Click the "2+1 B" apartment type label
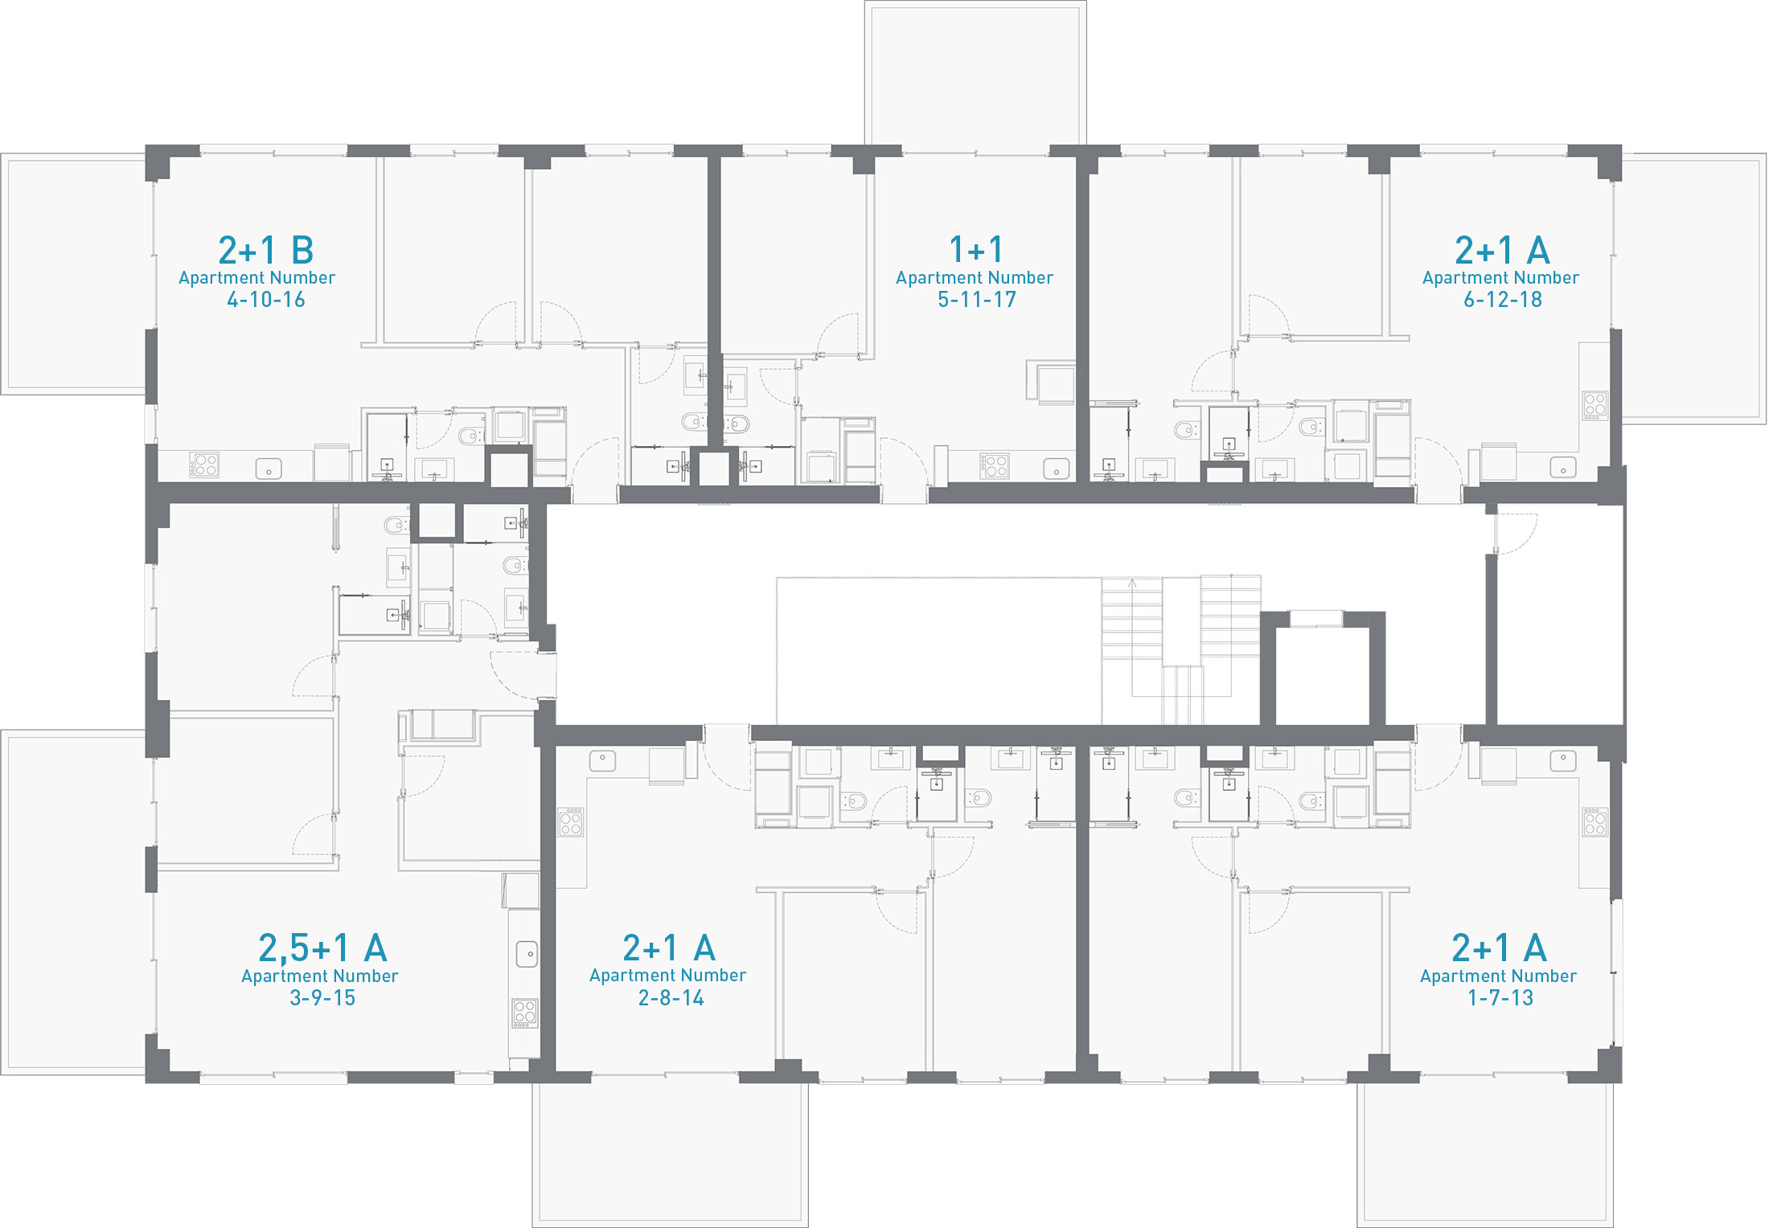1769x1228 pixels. (265, 251)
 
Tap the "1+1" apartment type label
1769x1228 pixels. (976, 250)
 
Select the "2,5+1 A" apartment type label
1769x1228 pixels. (322, 948)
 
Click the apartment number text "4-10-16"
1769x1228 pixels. (266, 300)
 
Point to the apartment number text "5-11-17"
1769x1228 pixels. (977, 300)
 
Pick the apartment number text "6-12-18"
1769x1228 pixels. (1503, 300)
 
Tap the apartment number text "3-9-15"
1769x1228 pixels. (322, 997)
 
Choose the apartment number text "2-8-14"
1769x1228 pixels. (671, 997)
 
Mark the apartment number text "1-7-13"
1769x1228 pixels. (1500, 997)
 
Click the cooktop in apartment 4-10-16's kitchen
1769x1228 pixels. (205, 465)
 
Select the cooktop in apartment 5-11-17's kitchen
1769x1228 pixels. (995, 466)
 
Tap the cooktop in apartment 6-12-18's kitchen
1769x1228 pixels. (1595, 406)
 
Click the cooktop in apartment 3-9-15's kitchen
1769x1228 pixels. (525, 1013)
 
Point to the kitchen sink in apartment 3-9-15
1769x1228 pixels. (527, 954)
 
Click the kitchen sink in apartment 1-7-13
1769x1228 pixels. (1563, 760)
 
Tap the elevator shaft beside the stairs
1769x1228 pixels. (1323, 675)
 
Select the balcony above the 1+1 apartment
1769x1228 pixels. (975, 74)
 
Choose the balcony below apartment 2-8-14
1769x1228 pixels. (670, 1154)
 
